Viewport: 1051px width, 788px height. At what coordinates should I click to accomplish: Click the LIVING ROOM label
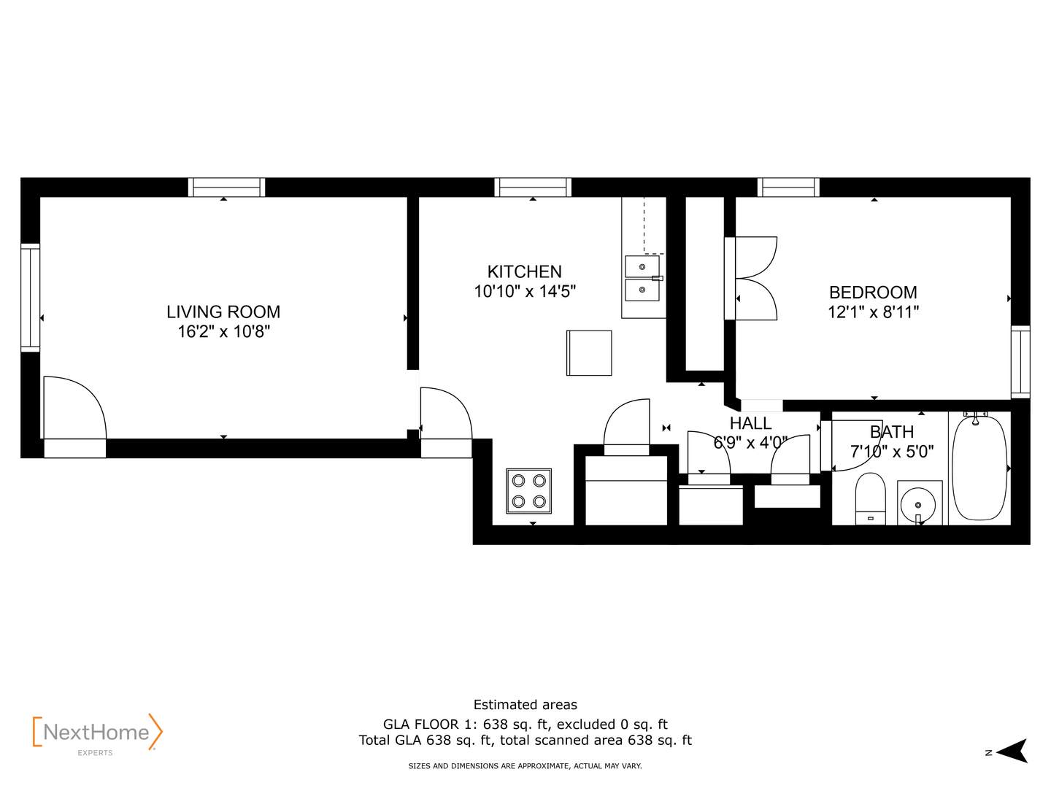coord(223,312)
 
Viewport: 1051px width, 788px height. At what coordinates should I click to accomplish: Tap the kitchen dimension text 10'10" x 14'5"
coord(525,291)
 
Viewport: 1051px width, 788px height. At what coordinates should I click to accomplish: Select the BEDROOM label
coord(873,293)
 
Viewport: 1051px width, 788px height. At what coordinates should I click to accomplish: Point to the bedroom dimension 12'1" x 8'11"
coord(873,312)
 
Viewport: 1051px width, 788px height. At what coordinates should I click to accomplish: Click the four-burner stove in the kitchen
coord(528,491)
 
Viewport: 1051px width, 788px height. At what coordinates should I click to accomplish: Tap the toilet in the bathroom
coord(870,498)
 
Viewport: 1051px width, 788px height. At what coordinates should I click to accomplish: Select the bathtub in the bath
coord(979,468)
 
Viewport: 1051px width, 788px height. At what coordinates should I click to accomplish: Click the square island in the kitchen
coord(589,353)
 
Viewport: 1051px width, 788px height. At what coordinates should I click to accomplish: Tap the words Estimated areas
coord(525,705)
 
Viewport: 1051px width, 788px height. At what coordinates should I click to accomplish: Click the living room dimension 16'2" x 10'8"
coord(223,331)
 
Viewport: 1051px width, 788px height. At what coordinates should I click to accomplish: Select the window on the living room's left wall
coord(30,298)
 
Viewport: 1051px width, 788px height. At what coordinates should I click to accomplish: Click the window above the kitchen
coord(533,187)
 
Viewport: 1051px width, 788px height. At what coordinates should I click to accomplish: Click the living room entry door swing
coord(74,407)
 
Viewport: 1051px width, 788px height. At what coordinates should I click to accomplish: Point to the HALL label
coord(750,423)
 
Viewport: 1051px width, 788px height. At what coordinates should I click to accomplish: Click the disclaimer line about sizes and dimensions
coord(525,766)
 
